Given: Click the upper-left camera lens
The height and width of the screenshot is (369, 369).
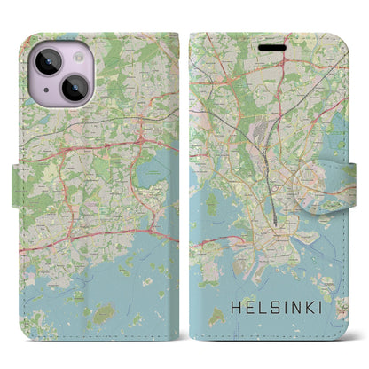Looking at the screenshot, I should (45, 63).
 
